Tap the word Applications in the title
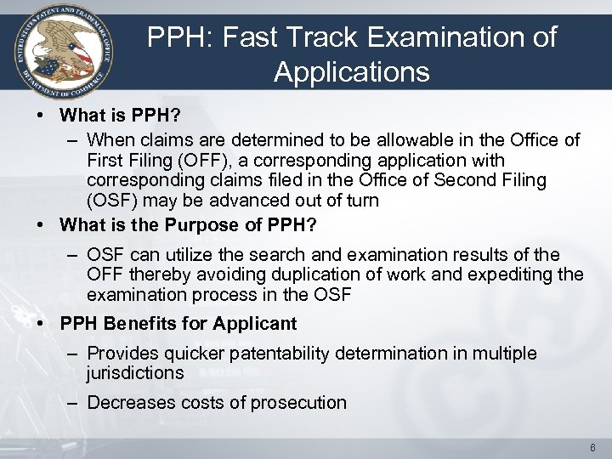(x=351, y=72)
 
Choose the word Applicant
(x=254, y=324)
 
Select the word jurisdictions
(x=134, y=373)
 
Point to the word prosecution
(x=302, y=402)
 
